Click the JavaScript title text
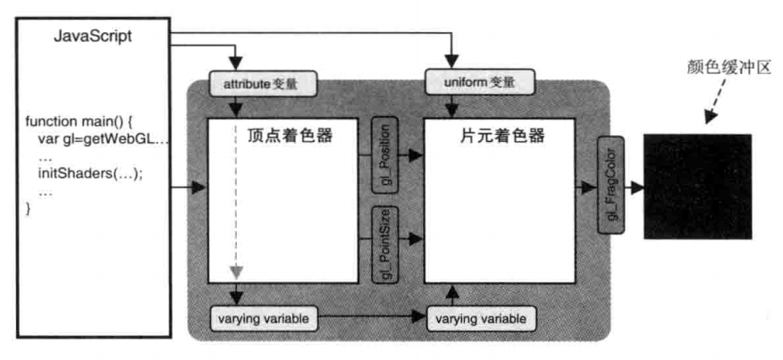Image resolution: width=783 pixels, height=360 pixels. point(93,37)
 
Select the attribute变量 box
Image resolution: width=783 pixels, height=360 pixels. point(263,83)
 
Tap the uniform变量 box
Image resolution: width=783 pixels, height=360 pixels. point(479,82)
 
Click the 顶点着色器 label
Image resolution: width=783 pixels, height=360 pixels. point(290,136)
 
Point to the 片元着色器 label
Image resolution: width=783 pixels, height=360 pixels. point(502,136)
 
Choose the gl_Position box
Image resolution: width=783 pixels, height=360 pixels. point(385,155)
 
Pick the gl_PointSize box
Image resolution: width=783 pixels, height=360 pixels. point(385,244)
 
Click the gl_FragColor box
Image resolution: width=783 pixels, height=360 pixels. point(611,185)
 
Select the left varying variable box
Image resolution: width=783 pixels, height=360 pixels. point(263,318)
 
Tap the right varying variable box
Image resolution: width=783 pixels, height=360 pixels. point(479,318)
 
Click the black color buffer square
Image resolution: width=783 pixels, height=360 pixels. point(697,186)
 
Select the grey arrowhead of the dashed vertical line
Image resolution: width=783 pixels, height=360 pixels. point(237,272)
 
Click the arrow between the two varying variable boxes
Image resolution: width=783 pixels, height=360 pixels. point(372,316)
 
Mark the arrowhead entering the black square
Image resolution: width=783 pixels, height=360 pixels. point(636,188)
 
